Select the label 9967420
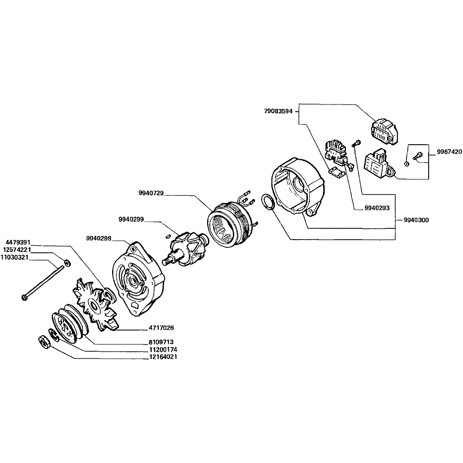(449, 152)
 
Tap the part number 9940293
(377, 208)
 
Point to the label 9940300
(416, 220)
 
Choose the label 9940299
(131, 219)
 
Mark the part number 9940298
(99, 238)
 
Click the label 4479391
(18, 242)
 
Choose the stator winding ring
(228, 227)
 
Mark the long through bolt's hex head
(24, 297)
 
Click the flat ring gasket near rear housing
(267, 202)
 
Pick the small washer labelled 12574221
(67, 263)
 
